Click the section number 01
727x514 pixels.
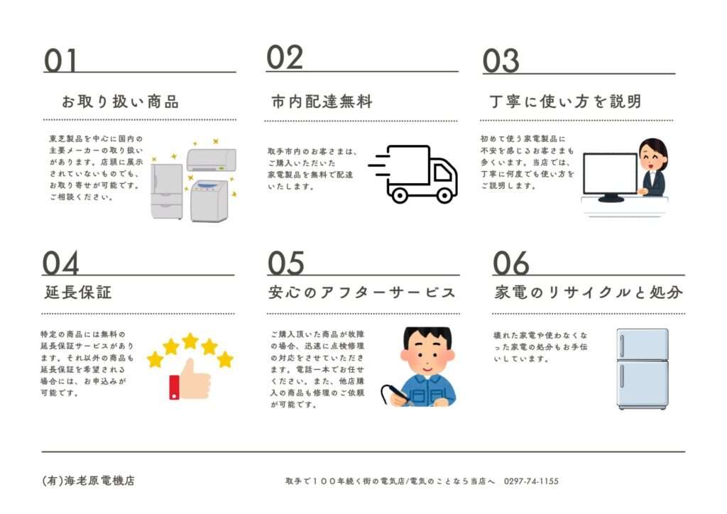point(60,61)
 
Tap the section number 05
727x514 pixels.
point(286,263)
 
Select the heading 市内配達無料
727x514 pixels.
point(322,102)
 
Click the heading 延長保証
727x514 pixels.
point(78,292)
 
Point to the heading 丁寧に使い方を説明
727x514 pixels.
point(565,102)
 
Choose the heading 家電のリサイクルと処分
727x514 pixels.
point(589,292)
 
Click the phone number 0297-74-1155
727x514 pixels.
point(531,481)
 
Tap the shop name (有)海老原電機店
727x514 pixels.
point(88,481)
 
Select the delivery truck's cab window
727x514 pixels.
point(442,173)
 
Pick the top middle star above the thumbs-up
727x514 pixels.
point(190,341)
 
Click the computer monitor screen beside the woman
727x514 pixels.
point(610,174)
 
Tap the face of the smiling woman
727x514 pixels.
point(653,160)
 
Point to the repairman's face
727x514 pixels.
point(427,357)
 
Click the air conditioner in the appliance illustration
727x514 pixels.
point(212,160)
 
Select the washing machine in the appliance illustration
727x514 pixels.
point(209,201)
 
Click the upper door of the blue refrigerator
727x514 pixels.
point(643,345)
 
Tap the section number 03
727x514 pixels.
point(501,61)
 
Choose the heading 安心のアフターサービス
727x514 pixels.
point(361,292)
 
